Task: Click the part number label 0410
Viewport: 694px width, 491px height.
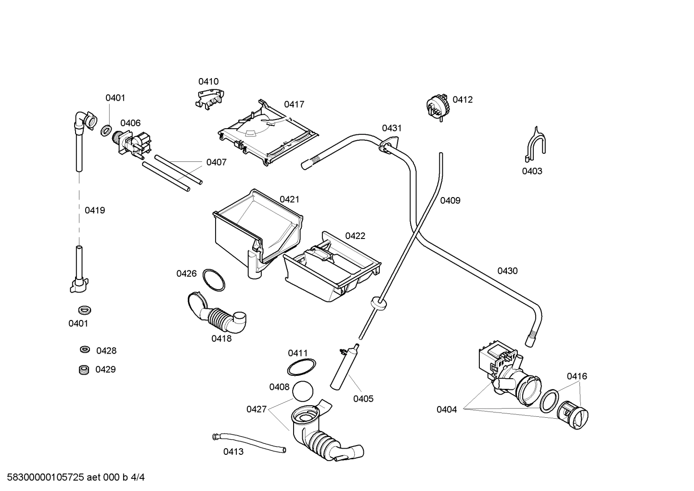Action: click(x=208, y=81)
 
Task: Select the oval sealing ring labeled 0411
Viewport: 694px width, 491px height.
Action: click(x=302, y=367)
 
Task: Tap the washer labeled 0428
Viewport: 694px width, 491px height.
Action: click(x=85, y=350)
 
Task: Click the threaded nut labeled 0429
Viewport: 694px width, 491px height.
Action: click(x=85, y=370)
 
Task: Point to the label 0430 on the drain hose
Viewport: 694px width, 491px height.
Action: click(x=507, y=271)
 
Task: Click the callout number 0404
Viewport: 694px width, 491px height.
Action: click(x=447, y=410)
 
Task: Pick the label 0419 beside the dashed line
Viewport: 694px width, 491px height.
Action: click(x=95, y=210)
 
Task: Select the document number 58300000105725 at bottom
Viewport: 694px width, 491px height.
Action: click(x=43, y=478)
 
